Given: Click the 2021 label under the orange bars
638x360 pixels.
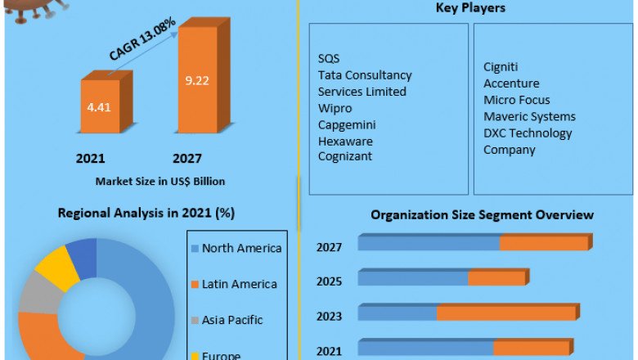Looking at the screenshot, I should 90,158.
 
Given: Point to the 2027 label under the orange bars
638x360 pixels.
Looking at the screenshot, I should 186,158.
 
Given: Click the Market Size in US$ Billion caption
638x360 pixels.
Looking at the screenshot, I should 160,181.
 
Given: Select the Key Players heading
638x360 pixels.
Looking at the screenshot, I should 471,8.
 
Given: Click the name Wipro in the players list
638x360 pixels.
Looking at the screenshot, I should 335,108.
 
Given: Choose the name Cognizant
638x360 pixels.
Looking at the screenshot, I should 345,156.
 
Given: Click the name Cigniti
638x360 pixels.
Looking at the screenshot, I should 501,67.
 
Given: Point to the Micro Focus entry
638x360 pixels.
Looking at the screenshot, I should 516,100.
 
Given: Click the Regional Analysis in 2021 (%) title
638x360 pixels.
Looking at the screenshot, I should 146,214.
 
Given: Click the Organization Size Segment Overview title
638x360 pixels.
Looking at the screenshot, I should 482,215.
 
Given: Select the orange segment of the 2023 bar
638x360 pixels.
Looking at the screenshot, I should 506,313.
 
